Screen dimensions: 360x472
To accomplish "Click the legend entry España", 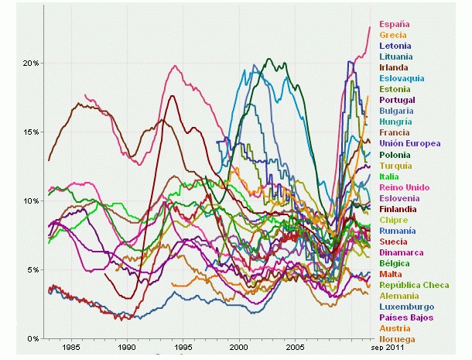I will click(392, 24).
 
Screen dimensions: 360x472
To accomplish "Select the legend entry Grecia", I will click(392, 35).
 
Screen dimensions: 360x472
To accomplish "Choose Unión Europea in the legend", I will click(410, 143).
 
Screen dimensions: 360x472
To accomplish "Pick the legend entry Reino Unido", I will click(405, 187).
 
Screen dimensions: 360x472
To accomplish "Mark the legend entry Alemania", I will click(399, 296).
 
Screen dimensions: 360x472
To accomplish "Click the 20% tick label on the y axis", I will click(30, 63).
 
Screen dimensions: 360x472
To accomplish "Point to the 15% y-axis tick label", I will click(30, 132).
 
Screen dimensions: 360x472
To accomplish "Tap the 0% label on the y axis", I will click(32, 339).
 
